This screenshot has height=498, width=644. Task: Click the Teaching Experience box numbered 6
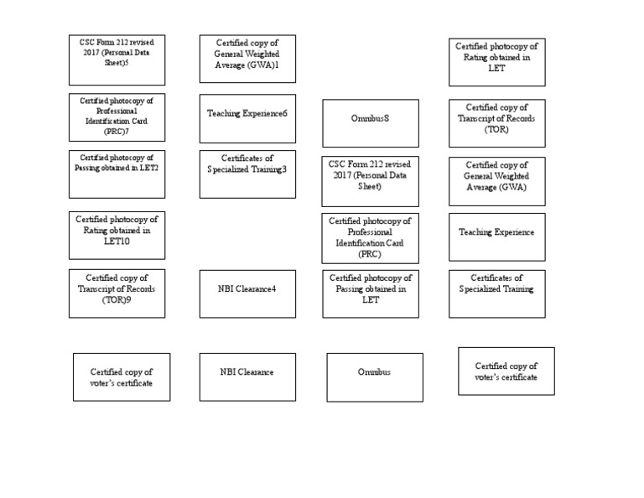click(x=247, y=113)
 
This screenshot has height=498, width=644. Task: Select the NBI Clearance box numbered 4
click(x=247, y=293)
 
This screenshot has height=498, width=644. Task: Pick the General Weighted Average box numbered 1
click(x=247, y=59)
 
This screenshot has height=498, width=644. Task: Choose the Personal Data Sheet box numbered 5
click(x=117, y=60)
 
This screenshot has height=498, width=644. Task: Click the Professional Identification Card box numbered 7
click(x=117, y=117)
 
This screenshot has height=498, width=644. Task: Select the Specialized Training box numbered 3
click(x=247, y=174)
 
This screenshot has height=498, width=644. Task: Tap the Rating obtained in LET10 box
click(x=117, y=236)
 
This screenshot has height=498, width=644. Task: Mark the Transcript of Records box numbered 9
click(x=117, y=293)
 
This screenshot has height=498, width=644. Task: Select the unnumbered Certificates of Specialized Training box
click(x=496, y=293)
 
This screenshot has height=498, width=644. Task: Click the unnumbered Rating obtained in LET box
click(x=496, y=62)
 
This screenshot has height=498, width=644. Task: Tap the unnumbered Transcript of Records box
click(x=496, y=122)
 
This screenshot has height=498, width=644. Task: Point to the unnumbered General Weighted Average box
click(x=496, y=181)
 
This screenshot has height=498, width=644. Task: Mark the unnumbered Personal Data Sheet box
click(x=371, y=181)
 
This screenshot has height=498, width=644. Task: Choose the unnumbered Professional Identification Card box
click(x=371, y=237)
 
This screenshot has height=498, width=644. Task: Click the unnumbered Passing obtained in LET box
click(x=371, y=293)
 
